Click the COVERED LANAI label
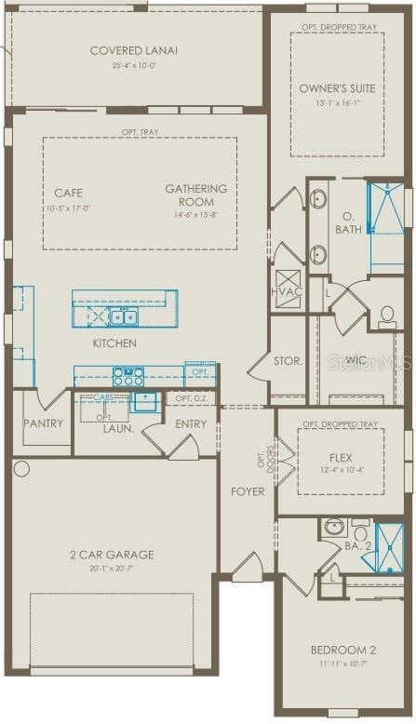coord(133,50)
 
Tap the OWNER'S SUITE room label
coord(337,88)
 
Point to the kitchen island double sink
coord(123,318)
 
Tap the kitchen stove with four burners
coord(127,376)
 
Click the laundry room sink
coord(145,402)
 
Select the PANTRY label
coord(44,424)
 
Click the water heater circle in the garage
coord(21,468)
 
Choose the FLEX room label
coord(340,458)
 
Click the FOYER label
coord(248,491)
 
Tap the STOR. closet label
coord(288,360)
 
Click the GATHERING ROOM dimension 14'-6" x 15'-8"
coord(196,215)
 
